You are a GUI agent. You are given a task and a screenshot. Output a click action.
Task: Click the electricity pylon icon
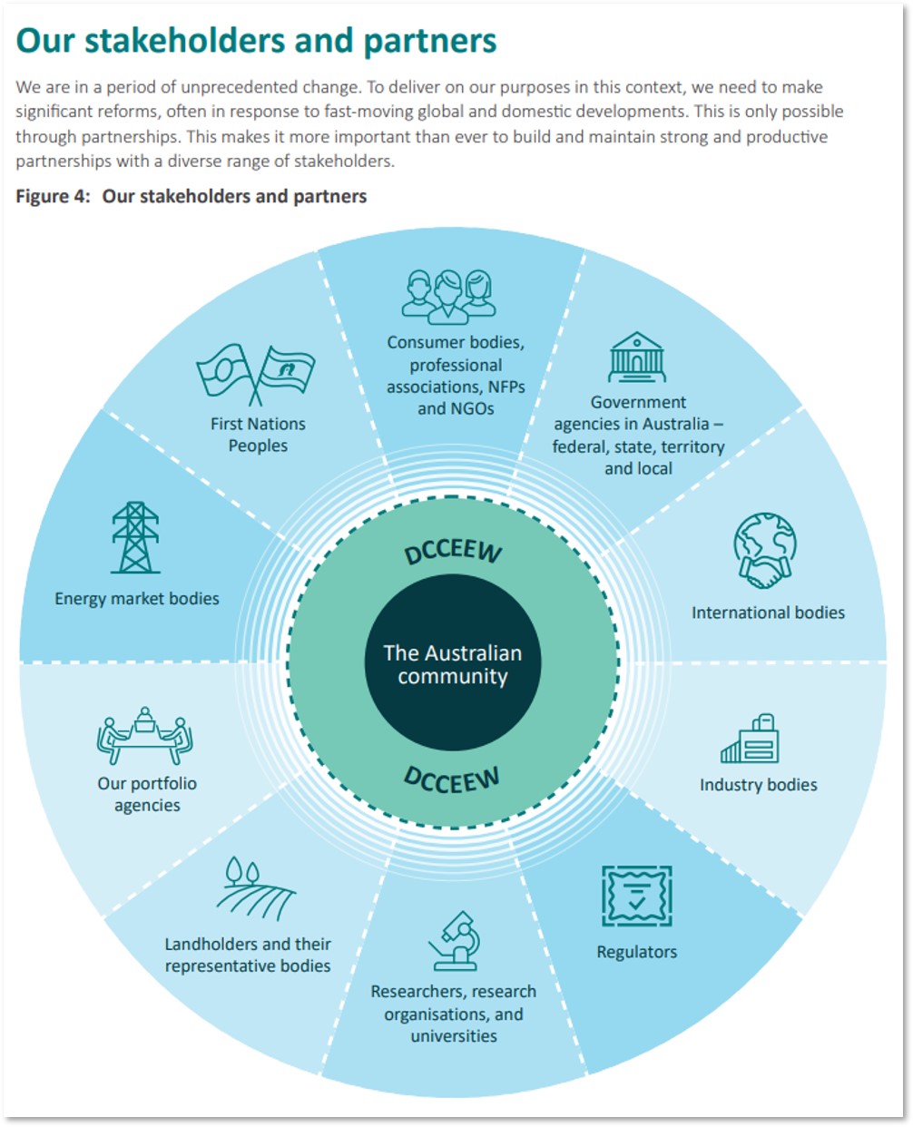click(x=135, y=537)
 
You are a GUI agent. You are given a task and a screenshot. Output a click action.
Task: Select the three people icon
click(x=448, y=297)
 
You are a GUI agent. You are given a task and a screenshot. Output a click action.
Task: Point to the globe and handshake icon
click(x=764, y=550)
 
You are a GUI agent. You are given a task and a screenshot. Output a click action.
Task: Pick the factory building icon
click(x=750, y=738)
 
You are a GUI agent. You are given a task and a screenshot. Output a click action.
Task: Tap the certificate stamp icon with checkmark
click(x=637, y=896)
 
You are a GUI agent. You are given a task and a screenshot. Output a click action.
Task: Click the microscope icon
click(x=455, y=941)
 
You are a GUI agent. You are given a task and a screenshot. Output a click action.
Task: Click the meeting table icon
click(x=144, y=736)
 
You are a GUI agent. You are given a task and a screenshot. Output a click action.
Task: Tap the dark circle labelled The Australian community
click(x=453, y=662)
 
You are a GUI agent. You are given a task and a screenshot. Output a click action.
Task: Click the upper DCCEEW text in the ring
click(x=453, y=552)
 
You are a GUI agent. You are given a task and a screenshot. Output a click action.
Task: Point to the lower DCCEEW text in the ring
click(x=451, y=779)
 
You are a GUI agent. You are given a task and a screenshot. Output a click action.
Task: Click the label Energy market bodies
click(x=136, y=599)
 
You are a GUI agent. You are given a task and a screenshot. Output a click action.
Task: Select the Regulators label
click(x=637, y=952)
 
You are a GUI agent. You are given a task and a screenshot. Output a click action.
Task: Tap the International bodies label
click(x=768, y=612)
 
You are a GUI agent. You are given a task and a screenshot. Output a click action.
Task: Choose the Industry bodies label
click(x=759, y=785)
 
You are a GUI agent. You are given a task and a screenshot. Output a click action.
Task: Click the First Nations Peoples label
click(x=258, y=435)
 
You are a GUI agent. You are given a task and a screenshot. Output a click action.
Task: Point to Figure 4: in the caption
click(x=53, y=197)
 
